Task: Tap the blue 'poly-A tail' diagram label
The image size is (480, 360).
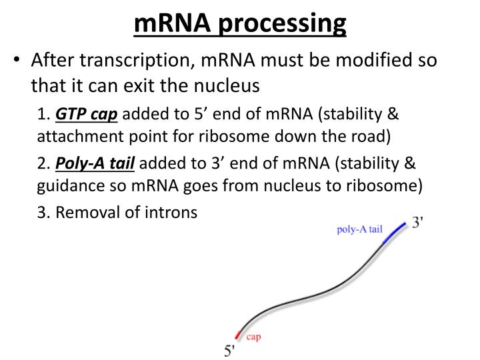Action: pos(359,229)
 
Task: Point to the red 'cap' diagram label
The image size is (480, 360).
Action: pos(253,337)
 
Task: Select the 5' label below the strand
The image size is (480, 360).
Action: pos(230,350)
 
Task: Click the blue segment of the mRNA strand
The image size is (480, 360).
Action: pos(395,233)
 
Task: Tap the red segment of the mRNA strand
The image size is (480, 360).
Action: pos(239,333)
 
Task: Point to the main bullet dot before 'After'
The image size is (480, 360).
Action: pos(17,61)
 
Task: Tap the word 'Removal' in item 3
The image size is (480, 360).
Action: pos(83,213)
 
